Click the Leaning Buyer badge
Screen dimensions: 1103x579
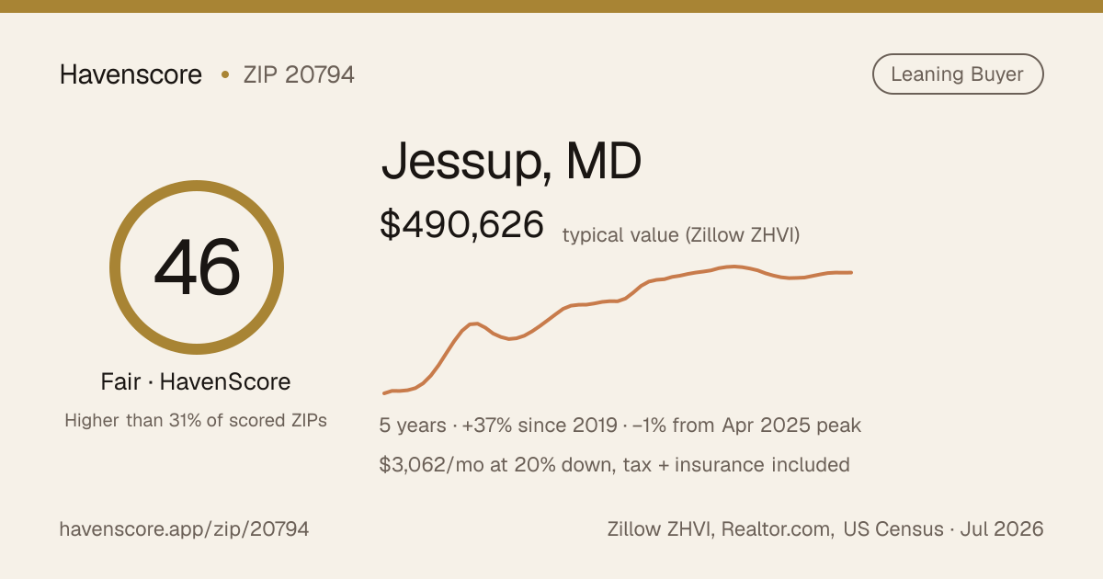958,74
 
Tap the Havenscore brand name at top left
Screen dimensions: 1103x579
131,74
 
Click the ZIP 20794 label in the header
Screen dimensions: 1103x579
299,74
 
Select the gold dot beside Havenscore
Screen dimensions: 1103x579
225,74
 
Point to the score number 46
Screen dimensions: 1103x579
197,267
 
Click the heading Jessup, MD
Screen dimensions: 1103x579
511,162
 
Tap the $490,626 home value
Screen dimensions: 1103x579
461,225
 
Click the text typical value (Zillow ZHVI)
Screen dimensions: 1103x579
681,235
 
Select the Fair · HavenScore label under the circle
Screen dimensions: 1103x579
196,381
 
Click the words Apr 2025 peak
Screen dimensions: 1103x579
791,426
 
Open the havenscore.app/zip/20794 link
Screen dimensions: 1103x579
184,529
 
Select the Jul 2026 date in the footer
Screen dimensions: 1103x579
1002,529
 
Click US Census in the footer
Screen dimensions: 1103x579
893,529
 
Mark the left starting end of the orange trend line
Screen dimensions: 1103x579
384,393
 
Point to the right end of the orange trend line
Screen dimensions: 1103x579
851,272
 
